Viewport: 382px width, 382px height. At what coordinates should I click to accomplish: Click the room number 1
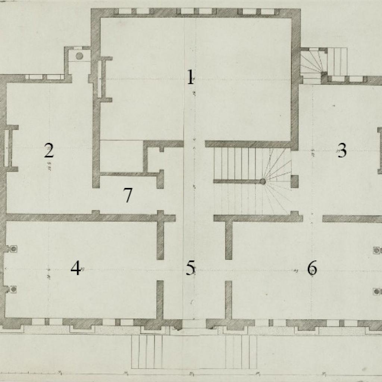(191, 78)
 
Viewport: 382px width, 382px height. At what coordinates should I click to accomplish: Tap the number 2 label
(49, 151)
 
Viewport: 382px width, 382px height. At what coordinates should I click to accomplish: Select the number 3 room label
(341, 151)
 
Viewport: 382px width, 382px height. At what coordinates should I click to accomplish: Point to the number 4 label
(76, 268)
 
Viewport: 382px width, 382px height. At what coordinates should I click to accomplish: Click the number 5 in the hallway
(191, 268)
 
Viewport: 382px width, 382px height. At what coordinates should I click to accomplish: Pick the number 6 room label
(312, 268)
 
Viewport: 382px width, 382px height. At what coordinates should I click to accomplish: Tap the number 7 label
(128, 195)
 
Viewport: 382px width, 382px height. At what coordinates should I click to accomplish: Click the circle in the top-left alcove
(79, 56)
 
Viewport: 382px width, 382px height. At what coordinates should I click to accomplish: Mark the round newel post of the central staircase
(263, 182)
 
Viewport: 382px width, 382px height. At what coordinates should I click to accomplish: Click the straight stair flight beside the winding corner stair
(338, 62)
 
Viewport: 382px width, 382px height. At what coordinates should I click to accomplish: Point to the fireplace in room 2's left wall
(7, 148)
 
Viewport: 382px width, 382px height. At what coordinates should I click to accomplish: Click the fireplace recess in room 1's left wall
(100, 79)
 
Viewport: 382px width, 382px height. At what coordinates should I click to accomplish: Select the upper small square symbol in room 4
(14, 249)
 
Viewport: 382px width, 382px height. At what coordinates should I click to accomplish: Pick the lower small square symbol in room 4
(14, 289)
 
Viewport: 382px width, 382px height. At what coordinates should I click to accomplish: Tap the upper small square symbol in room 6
(377, 250)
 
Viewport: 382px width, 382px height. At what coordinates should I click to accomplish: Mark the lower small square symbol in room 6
(377, 291)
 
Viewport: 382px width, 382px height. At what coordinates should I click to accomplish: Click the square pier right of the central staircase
(294, 182)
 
